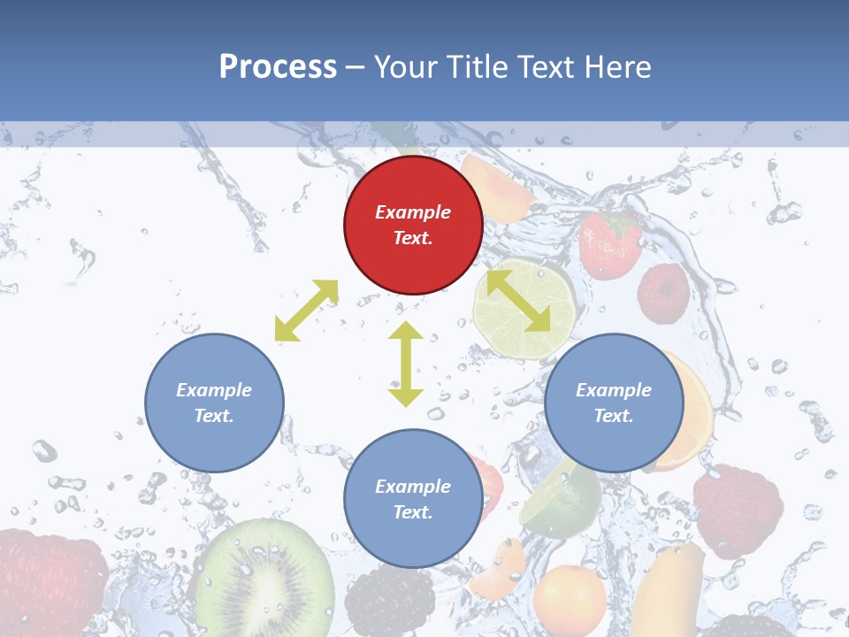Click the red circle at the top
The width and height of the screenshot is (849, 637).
click(413, 225)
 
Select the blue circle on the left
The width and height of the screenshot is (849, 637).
click(214, 403)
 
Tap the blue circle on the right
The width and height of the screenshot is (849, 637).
click(614, 403)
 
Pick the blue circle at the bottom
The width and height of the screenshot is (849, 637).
click(413, 499)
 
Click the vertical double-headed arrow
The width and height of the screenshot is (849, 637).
click(406, 364)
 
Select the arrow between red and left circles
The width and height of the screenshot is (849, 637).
click(307, 310)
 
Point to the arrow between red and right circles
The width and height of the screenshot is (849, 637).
click(518, 301)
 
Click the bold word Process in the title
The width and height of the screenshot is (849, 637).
click(278, 66)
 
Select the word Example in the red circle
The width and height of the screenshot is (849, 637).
click(413, 212)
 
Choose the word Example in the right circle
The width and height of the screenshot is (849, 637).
click(614, 390)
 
